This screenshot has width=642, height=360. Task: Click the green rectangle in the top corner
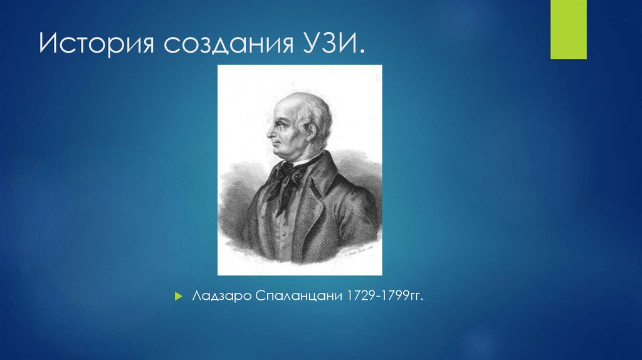(568, 29)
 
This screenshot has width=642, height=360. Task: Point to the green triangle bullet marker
(179, 295)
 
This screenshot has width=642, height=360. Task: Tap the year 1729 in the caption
(352, 295)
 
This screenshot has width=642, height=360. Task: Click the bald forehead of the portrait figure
(285, 107)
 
